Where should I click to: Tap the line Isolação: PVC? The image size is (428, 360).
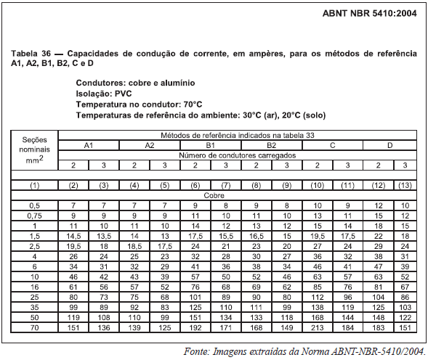tap(104, 94)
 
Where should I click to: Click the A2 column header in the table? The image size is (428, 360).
tap(149, 145)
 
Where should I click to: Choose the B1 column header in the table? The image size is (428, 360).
tap(209, 145)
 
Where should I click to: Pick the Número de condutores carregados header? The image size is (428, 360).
tap(239, 155)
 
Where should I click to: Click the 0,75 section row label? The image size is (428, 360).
tap(34, 216)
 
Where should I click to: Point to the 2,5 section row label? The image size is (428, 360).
tap(34, 246)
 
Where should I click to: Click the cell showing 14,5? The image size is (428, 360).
tap(73, 236)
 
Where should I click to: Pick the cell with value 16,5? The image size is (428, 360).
tap(255, 236)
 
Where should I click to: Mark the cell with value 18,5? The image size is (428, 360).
tap(134, 246)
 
